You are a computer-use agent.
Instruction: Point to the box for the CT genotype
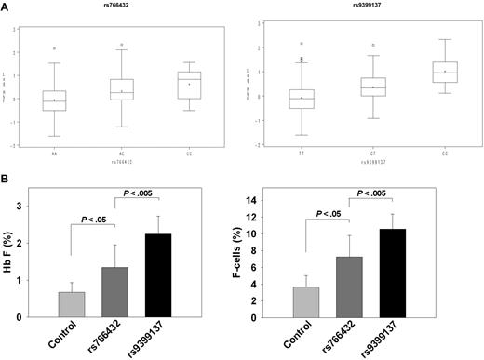pyautogui.click(x=373, y=87)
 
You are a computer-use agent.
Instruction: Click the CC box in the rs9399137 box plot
pyautogui.click(x=445, y=73)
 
